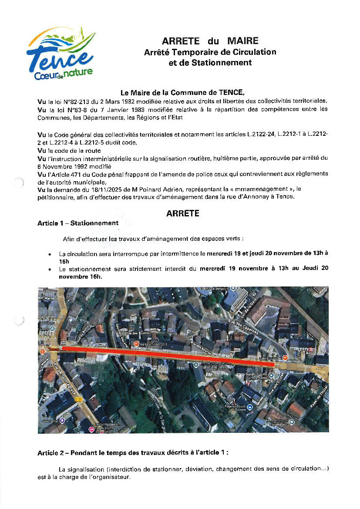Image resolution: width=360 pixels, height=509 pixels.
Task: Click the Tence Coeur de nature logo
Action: point(61,55)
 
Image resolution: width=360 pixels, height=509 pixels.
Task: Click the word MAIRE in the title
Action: point(242,41)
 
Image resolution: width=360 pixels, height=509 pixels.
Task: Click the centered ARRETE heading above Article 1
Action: point(182,214)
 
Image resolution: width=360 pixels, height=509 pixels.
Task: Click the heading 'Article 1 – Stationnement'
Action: point(78,223)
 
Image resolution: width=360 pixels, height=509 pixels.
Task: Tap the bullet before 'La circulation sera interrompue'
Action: point(50,254)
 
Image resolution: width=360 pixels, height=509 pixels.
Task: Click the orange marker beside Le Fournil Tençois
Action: point(136,344)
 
